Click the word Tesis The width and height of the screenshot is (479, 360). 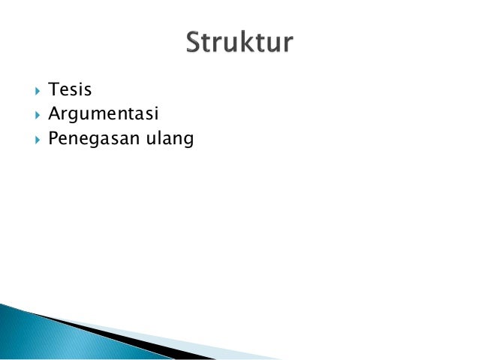pyautogui.click(x=70, y=90)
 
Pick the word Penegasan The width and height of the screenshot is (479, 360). pyautogui.click(x=91, y=139)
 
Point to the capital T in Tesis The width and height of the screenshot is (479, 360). pyautogui.click(x=53, y=90)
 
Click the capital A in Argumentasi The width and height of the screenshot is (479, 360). pyautogui.click(x=53, y=114)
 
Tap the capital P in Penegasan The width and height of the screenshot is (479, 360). pyautogui.click(x=53, y=139)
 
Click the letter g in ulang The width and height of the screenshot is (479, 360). pyautogui.click(x=188, y=142)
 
